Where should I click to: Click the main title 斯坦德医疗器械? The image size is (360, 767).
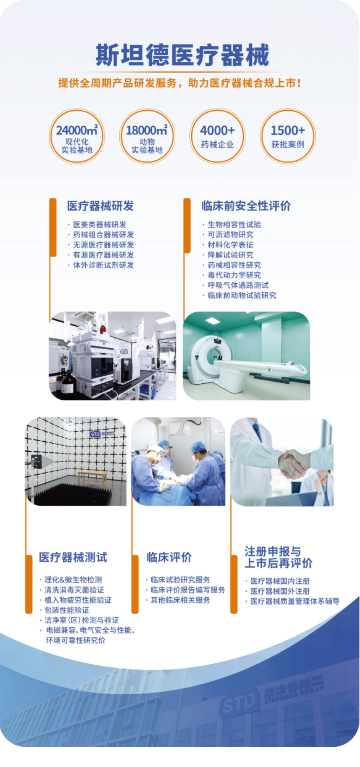(182, 55)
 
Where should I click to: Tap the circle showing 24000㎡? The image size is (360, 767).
(77, 136)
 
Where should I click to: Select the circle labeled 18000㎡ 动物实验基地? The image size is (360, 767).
(147, 136)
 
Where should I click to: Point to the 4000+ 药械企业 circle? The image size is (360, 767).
(217, 136)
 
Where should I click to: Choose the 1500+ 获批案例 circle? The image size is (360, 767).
(288, 136)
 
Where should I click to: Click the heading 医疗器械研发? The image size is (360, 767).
(100, 206)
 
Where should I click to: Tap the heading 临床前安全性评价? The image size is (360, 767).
(246, 206)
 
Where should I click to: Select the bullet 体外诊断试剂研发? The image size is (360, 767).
(103, 265)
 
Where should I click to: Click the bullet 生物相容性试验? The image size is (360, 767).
(234, 225)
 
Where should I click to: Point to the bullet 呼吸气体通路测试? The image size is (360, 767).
(238, 285)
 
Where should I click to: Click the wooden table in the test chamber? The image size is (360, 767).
(93, 478)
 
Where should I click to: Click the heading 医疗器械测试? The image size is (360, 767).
(73, 557)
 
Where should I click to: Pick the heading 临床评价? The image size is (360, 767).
(169, 557)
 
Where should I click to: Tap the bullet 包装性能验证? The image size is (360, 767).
(67, 610)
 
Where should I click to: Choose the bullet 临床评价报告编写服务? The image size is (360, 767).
(187, 590)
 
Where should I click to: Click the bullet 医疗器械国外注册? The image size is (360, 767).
(280, 591)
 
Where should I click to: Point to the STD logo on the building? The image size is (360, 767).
(238, 704)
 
